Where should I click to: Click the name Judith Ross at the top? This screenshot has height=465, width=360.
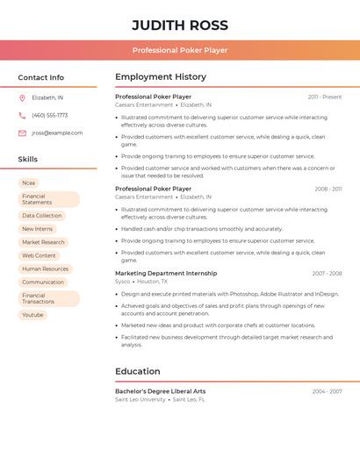[180, 25]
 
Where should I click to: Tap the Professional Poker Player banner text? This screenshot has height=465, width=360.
[180, 50]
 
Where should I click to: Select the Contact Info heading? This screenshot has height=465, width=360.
[40, 77]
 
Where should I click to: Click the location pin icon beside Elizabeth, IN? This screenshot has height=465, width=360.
[22, 97]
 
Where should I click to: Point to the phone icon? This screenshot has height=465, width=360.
[22, 115]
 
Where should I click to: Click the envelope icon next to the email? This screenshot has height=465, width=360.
[22, 133]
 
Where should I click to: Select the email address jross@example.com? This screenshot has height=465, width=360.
[57, 133]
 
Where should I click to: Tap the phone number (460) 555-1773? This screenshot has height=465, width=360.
[49, 115]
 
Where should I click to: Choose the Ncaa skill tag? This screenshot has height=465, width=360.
[29, 182]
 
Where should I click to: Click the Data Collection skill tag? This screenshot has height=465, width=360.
[42, 216]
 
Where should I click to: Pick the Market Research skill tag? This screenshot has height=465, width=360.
[43, 242]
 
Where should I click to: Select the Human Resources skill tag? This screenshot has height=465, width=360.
[45, 268]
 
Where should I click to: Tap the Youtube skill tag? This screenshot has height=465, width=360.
[32, 314]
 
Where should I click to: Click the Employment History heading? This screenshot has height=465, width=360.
[161, 77]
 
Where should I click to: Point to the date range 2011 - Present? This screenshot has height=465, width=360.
[325, 97]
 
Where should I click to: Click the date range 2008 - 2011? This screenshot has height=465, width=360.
[328, 189]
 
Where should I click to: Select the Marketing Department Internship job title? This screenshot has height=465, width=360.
[166, 273]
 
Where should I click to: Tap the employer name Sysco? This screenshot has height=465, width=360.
[123, 282]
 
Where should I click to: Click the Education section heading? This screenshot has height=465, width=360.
[138, 371]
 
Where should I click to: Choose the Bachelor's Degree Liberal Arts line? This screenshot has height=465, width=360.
[161, 391]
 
